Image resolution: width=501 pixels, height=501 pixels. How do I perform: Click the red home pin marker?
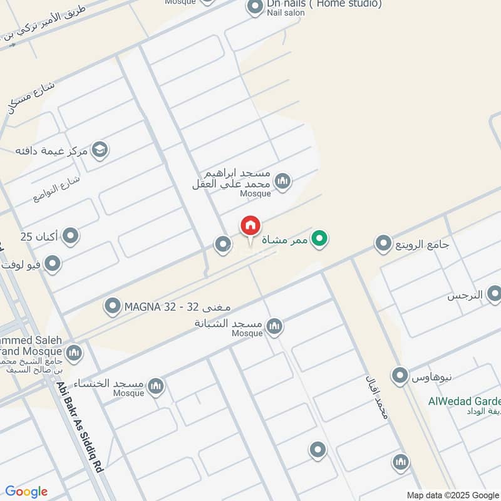[250, 227]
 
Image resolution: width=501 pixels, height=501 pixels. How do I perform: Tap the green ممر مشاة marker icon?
[319, 239]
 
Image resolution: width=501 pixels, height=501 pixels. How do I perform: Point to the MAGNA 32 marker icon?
[113, 306]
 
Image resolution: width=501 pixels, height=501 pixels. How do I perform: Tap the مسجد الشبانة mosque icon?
[274, 326]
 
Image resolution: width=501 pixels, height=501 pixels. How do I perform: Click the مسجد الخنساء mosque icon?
[156, 386]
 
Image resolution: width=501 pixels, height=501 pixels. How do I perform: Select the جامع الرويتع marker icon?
[383, 243]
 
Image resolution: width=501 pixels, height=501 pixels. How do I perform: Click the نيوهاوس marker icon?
[400, 376]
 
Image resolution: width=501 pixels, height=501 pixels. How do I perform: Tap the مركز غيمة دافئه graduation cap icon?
[99, 150]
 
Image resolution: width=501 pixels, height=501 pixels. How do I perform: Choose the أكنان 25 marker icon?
[71, 236]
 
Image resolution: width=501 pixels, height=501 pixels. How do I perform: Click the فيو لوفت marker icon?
[53, 264]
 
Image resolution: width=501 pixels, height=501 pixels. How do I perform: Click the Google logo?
[26, 492]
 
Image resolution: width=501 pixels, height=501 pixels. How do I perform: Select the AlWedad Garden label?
[464, 402]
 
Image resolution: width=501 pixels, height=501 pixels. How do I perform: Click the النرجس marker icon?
[494, 294]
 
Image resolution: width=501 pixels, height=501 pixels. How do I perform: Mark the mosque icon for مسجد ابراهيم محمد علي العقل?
[282, 182]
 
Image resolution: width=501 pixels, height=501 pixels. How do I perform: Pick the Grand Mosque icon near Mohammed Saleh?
[74, 354]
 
